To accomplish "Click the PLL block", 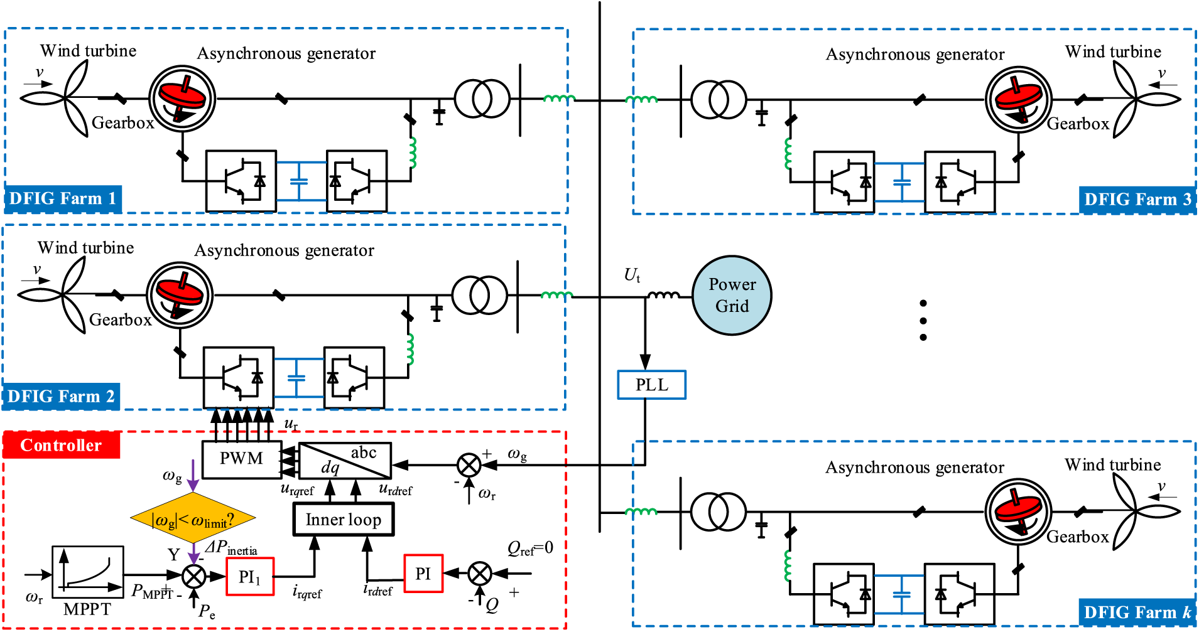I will tap(651, 385).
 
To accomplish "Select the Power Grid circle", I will tap(732, 296).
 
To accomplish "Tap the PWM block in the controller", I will tap(241, 459).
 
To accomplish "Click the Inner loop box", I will tap(343, 520).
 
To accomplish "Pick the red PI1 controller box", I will tap(249, 576).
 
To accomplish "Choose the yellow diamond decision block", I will tap(193, 518).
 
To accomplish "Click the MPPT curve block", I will tap(87, 572).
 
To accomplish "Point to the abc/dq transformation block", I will tap(345, 461).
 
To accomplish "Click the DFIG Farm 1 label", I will tap(63, 199).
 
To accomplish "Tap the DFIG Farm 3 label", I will tap(1137, 200).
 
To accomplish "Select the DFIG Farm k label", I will tap(1137, 612).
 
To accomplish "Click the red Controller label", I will tap(61, 445).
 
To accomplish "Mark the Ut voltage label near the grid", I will tap(632, 275).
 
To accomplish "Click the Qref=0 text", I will tap(530, 548).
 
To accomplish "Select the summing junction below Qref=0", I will tap(480, 573).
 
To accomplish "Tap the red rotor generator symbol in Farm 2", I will tap(180, 296).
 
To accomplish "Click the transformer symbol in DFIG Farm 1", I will tap(482, 99).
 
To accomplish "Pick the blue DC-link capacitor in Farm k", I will tap(901, 594).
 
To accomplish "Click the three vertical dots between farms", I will tap(923, 320).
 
